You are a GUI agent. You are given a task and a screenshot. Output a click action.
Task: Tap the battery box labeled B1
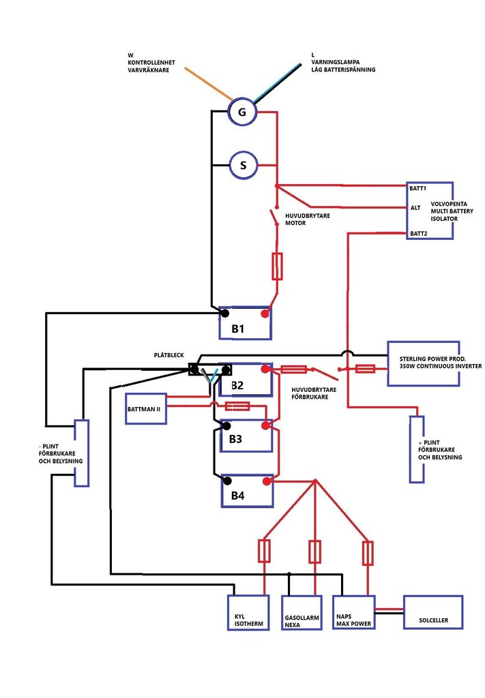pos(245,323)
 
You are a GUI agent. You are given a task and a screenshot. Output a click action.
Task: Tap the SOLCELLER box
pos(435,612)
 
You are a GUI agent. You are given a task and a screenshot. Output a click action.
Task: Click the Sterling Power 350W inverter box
pos(433,361)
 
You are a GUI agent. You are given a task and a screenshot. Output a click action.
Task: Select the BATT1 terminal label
pos(417,187)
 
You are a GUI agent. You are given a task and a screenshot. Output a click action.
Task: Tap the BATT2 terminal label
pos(417,234)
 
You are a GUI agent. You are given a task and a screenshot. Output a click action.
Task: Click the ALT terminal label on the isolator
pos(415,208)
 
